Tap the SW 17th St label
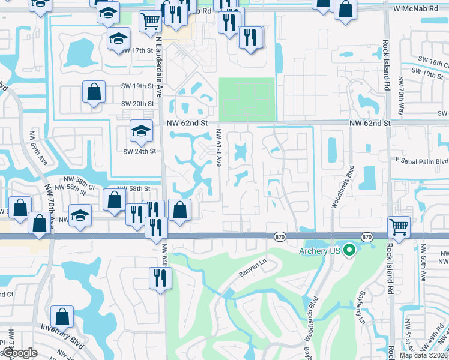click(137, 51)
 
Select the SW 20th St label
click(137, 103)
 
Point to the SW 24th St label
click(139, 151)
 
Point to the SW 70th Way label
click(400, 96)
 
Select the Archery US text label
click(320, 250)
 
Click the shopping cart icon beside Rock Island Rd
click(399, 226)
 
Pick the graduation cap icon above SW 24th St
click(141, 131)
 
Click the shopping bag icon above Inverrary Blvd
click(62, 316)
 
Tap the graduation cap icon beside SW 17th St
click(118, 39)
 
